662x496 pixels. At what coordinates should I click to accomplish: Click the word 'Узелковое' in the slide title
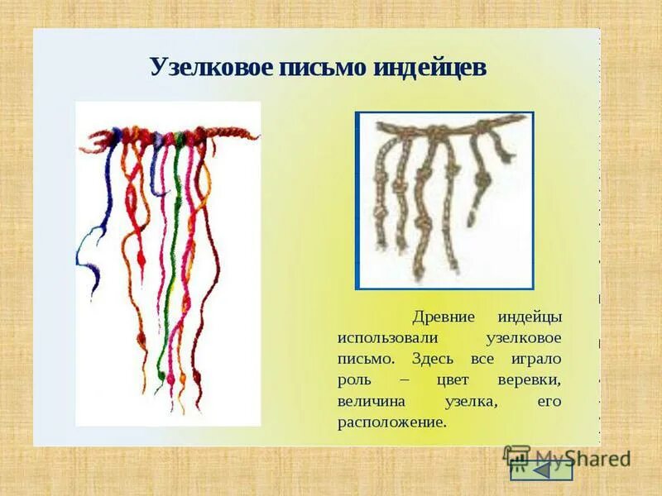point(210,67)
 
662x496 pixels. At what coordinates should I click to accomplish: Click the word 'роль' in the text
point(353,381)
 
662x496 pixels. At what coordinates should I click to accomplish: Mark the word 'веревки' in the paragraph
point(530,381)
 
